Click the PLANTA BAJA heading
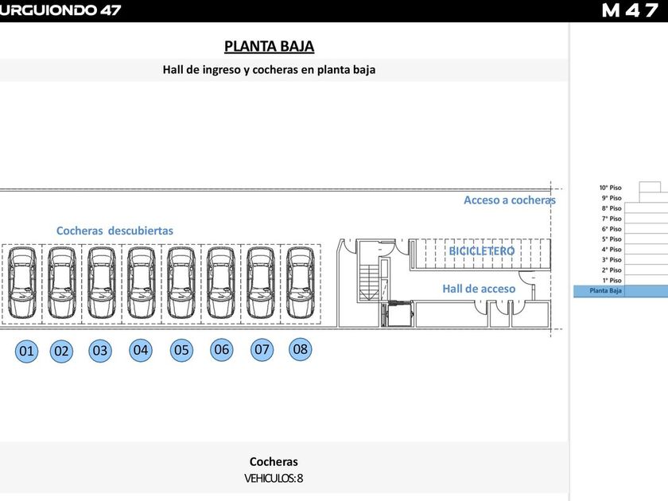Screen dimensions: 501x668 coord(274,46)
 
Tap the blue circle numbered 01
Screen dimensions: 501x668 coord(26,351)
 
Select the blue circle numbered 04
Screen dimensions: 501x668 coord(141,349)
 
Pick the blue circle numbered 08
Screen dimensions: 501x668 coord(300,348)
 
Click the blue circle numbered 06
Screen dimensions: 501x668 coord(222,349)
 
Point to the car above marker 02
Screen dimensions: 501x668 coord(61,282)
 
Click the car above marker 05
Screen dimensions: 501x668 coord(181,282)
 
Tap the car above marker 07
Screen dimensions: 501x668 coord(260,282)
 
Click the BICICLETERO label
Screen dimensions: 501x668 coord(481,250)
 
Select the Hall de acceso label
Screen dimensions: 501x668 coord(479,289)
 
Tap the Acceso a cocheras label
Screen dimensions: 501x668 coord(510,200)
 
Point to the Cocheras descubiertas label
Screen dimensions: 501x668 coord(115,231)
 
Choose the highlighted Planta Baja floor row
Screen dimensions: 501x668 coord(620,291)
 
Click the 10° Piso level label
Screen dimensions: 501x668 coord(611,188)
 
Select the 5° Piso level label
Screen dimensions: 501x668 coord(611,239)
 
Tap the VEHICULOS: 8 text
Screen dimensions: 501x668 coord(274,478)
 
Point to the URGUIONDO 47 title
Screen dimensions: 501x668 coord(61,10)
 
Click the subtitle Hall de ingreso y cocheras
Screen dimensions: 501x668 coord(269,69)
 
